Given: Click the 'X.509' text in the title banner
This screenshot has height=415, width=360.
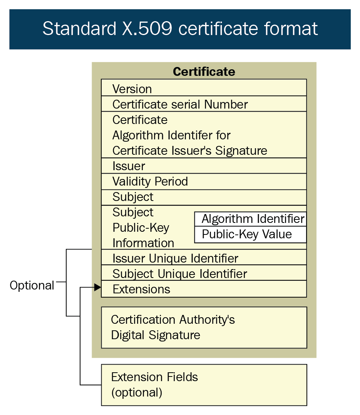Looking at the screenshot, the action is pyautogui.click(x=147, y=28).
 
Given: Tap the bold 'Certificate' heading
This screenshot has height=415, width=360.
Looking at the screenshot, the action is pyautogui.click(x=204, y=72).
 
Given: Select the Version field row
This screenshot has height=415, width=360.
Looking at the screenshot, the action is pyautogui.click(x=204, y=88).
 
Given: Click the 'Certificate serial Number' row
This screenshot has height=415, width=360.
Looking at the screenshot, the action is pyautogui.click(x=204, y=104).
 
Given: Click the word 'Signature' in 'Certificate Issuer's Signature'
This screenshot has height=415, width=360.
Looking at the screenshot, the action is pyautogui.click(x=241, y=151).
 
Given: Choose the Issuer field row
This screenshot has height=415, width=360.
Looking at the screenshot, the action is pyautogui.click(x=204, y=166).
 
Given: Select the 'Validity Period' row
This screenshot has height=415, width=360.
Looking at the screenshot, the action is pyautogui.click(x=204, y=182).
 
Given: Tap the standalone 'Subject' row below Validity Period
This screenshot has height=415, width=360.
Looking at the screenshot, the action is pyautogui.click(x=204, y=197).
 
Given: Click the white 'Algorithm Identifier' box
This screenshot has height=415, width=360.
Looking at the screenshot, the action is pyautogui.click(x=250, y=219).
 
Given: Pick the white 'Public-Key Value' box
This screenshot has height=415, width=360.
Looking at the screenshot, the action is pyautogui.click(x=250, y=234).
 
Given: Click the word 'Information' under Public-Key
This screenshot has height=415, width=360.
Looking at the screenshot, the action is pyautogui.click(x=143, y=243).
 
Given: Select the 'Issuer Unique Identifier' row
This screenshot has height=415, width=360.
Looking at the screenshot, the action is pyautogui.click(x=204, y=257).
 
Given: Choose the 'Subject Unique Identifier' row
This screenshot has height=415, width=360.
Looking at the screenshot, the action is pyautogui.click(x=204, y=273).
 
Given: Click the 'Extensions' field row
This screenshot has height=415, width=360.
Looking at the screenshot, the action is pyautogui.click(x=204, y=289).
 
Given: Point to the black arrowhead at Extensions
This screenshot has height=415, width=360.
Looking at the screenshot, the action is pyautogui.click(x=98, y=287).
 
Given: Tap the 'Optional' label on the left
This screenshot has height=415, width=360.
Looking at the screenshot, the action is pyautogui.click(x=32, y=286).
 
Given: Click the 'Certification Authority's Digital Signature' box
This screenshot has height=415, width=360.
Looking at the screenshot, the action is pyautogui.click(x=204, y=328).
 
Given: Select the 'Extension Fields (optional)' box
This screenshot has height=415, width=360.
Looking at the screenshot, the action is pyautogui.click(x=204, y=385).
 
